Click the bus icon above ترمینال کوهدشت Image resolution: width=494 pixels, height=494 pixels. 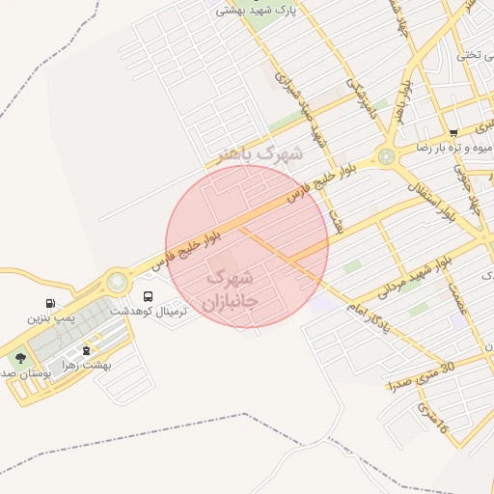click(x=149, y=296)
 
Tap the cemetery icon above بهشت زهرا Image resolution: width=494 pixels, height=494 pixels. click(x=88, y=350)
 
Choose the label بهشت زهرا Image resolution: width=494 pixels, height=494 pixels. click(x=96, y=366)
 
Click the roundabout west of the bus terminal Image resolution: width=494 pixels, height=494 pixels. click(x=117, y=282)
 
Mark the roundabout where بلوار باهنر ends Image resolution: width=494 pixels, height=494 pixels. click(x=387, y=155)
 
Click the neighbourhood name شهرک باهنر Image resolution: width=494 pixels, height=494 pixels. click(x=260, y=152)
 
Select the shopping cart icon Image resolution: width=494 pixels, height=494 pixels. click(x=453, y=132)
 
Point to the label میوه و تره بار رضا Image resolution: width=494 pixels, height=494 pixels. click(x=453, y=148)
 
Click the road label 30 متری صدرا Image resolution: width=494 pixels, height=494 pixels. click(x=421, y=374)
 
